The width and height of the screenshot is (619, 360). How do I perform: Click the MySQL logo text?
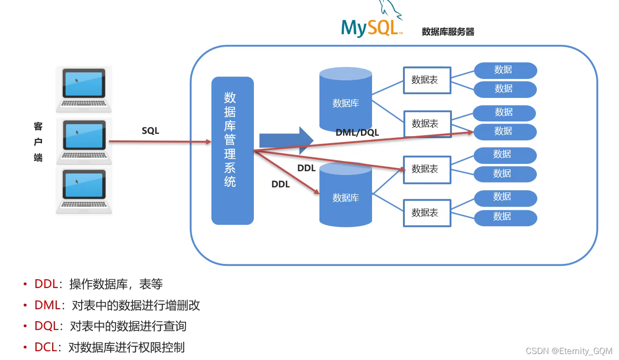[x=371, y=28]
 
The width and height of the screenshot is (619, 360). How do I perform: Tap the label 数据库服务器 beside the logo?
[x=448, y=32]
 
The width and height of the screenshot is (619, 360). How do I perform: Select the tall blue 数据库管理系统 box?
[x=232, y=150]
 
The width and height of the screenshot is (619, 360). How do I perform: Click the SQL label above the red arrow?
[x=150, y=131]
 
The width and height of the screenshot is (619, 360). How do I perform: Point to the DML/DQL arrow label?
[x=357, y=133]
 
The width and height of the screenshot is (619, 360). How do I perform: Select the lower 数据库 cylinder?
[x=346, y=195]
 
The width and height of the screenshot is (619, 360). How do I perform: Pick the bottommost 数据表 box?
[x=427, y=213]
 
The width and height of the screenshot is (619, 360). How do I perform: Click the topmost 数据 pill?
[x=505, y=70]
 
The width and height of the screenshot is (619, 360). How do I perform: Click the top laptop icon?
[x=84, y=90]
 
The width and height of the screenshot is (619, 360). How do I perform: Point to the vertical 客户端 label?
[x=38, y=142]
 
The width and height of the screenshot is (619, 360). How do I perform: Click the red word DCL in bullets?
[x=46, y=348]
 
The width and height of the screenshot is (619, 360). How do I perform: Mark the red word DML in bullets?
[x=47, y=306]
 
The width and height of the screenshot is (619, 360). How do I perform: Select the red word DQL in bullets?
[x=47, y=326]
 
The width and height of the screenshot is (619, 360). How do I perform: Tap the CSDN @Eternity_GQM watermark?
[x=569, y=351]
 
